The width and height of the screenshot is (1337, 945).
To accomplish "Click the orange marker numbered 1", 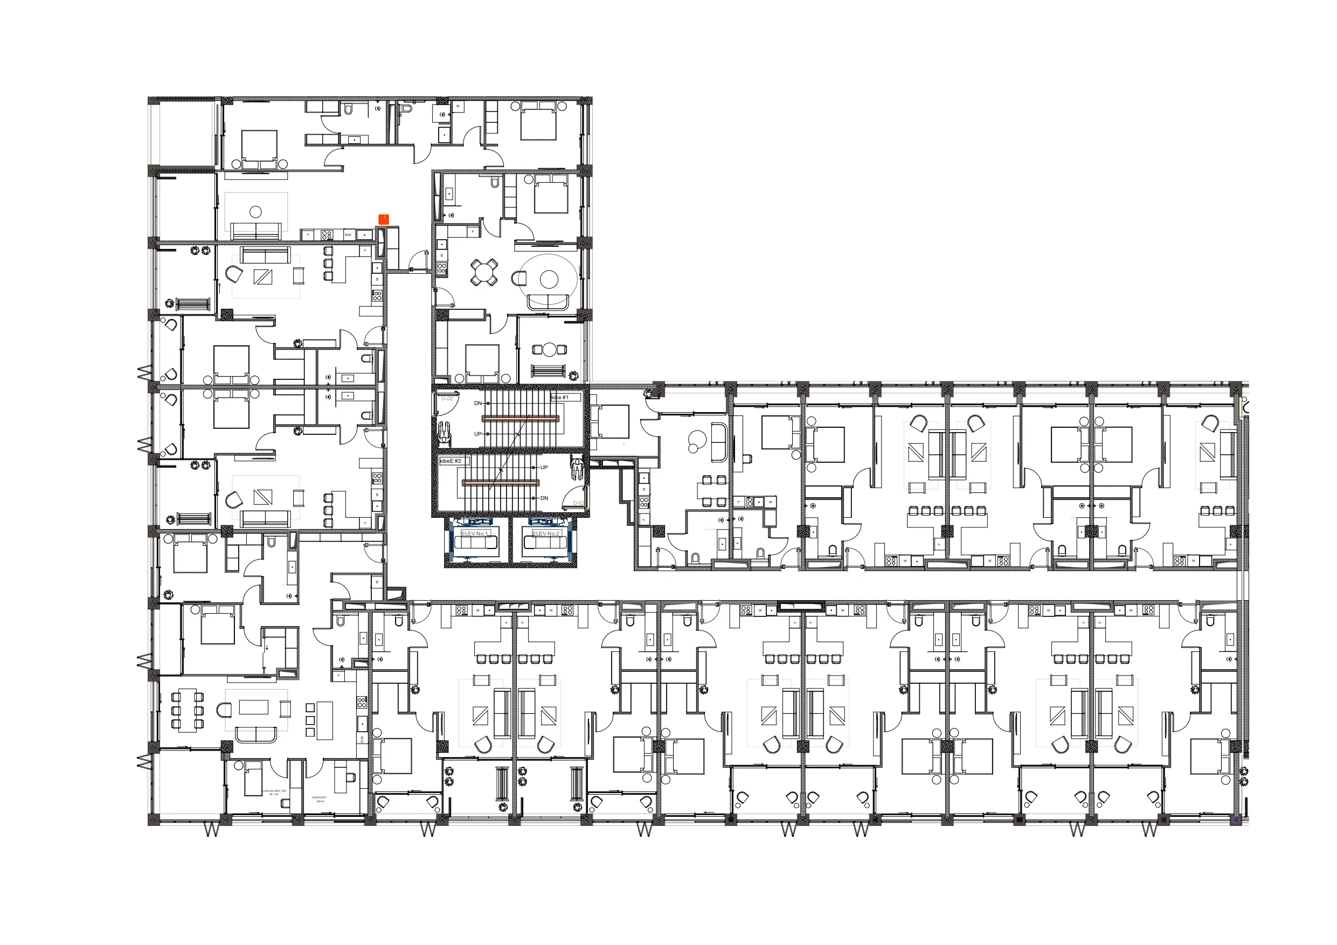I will [383, 219].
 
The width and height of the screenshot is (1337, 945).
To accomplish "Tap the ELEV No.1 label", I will [474, 533].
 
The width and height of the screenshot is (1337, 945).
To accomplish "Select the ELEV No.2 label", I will [545, 533].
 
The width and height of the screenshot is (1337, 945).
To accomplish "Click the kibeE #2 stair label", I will [450, 461].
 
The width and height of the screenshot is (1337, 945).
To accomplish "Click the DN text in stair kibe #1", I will [478, 403].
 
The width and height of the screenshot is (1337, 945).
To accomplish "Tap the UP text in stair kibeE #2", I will [544, 467].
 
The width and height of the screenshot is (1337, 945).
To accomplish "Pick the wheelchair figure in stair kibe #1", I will [444, 432].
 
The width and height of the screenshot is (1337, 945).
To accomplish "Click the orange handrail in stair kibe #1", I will [520, 418].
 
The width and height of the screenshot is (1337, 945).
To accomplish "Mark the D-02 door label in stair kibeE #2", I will [578, 503].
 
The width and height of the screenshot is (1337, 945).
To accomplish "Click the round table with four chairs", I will [484, 272].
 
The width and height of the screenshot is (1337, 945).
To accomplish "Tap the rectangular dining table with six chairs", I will [187, 710].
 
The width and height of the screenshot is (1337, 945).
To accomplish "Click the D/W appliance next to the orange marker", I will [348, 235].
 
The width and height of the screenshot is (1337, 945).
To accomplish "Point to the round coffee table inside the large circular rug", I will [549, 280].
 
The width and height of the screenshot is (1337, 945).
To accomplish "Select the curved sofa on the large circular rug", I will [548, 302].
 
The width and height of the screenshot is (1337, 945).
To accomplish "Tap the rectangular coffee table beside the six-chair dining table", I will [253, 707].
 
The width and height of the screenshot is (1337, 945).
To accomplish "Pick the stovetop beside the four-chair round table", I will [442, 268].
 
